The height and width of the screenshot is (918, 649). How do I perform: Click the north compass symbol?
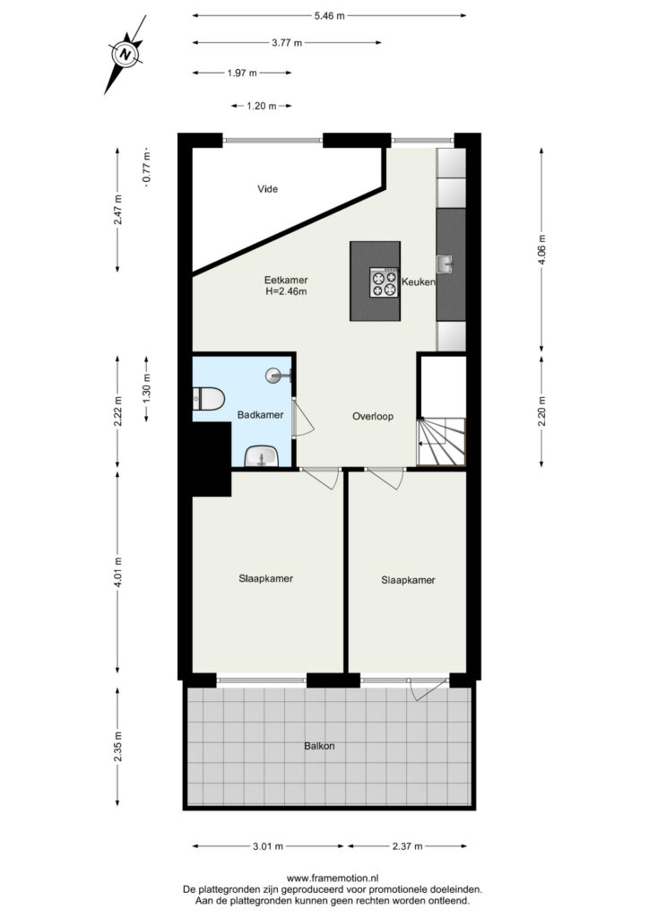coord(125,55)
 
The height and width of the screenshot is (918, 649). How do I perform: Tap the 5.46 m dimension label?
coord(330,16)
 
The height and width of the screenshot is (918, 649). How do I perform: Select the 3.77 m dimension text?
coord(287,43)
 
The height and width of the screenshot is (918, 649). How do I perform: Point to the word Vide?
coord(267,189)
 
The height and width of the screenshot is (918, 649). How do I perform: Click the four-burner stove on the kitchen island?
coord(384,282)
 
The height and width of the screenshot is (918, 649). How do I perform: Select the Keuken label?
coord(419,282)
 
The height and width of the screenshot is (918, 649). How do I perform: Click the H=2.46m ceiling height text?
coord(286,291)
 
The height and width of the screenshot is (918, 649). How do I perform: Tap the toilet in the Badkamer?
coord(208,399)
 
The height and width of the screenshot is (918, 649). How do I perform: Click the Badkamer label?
coord(261,415)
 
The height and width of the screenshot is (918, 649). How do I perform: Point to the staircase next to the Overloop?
coord(441,442)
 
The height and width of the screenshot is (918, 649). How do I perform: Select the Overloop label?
coord(373,417)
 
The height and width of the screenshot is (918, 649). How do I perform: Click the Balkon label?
coord(319,747)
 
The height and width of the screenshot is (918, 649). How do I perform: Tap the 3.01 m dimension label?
coord(268,846)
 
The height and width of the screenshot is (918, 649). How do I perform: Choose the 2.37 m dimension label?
coord(407,846)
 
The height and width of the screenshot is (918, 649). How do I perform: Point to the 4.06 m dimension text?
coord(542,250)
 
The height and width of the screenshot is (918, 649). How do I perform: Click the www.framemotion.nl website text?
coord(333,879)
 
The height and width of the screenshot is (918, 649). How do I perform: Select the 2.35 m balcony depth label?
coord(118,747)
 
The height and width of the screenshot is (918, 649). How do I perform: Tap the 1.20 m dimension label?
coord(262,106)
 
